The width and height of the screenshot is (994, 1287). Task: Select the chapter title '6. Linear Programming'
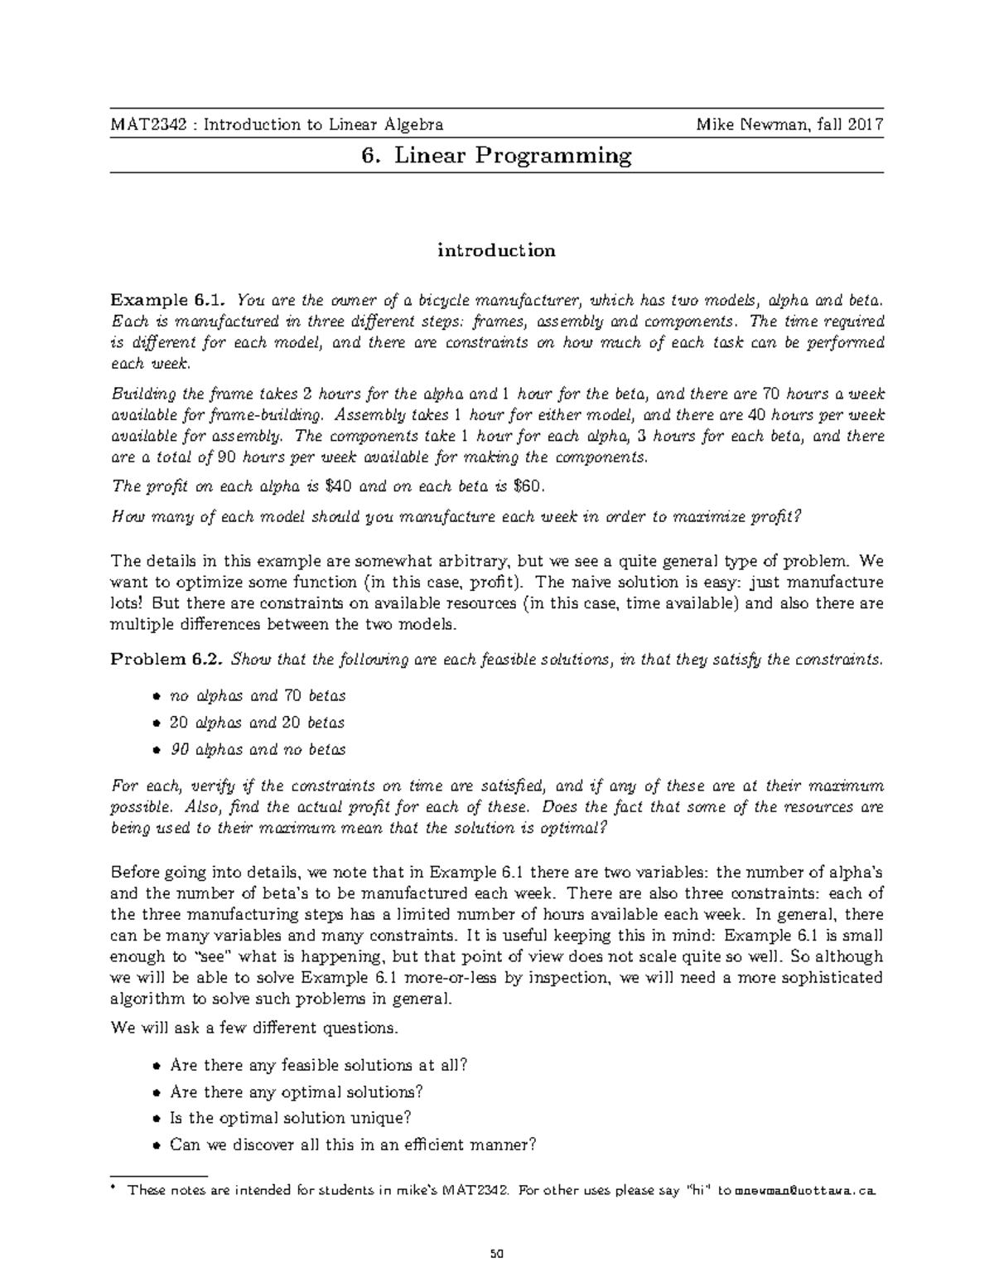point(497,156)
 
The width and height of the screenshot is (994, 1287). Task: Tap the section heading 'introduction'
point(497,250)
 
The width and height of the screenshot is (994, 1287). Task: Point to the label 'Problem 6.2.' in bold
point(167,660)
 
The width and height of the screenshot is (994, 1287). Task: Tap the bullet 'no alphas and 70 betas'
point(257,696)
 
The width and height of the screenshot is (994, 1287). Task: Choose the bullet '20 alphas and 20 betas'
point(257,723)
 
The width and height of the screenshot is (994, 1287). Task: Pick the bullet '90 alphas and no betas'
point(257,750)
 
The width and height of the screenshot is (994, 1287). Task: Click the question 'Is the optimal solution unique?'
point(290,1118)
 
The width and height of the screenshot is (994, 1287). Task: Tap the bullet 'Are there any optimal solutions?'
point(297,1091)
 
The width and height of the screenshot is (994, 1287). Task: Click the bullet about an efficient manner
point(353,1145)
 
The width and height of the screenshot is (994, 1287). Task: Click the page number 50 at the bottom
point(497,1253)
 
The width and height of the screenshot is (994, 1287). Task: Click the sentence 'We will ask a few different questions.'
point(254,1028)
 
